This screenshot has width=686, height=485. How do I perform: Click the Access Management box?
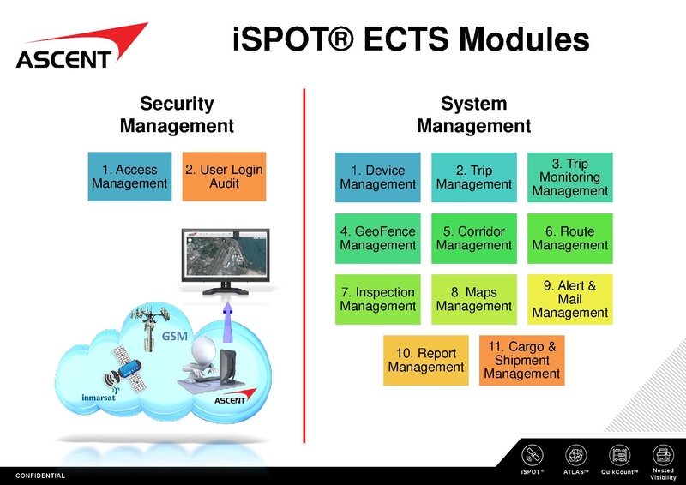tap(129, 177)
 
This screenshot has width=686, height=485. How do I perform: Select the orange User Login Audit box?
tap(224, 177)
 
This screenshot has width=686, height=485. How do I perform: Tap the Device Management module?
tap(377, 177)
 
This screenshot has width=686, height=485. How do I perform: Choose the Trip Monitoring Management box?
tap(569, 177)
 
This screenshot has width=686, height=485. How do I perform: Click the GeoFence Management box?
tap(377, 238)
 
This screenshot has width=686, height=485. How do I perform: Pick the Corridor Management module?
tap(473, 238)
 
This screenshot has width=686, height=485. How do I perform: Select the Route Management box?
tap(569, 238)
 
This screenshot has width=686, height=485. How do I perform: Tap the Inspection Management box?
tap(377, 299)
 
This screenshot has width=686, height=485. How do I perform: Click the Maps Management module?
tap(473, 299)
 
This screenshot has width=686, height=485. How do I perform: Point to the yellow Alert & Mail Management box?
tap(569, 299)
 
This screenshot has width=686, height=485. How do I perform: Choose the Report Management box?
tap(425, 360)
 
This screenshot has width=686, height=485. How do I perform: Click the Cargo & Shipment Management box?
tap(521, 360)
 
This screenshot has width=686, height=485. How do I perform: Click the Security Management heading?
tap(177, 115)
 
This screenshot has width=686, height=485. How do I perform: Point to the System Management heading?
tap(473, 115)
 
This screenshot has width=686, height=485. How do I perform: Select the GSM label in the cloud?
tap(175, 337)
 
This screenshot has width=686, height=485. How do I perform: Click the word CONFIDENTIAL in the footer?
tap(40, 476)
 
